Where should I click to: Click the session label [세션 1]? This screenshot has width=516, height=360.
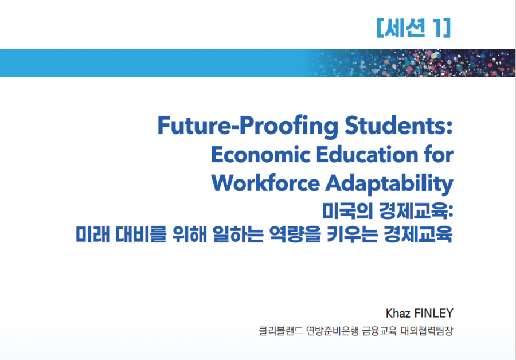pyautogui.click(x=413, y=28)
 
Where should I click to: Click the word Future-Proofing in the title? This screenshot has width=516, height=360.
pyautogui.click(x=248, y=126)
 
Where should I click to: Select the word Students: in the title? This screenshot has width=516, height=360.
pyautogui.click(x=398, y=126)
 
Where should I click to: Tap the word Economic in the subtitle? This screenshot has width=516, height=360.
pyautogui.click(x=260, y=155)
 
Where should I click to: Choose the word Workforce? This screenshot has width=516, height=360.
pyautogui.click(x=265, y=183)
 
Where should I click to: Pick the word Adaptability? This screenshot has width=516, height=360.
pyautogui.click(x=389, y=184)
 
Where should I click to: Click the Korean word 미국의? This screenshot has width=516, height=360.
pyautogui.click(x=347, y=210)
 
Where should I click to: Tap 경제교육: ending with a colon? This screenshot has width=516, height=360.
pyautogui.click(x=416, y=210)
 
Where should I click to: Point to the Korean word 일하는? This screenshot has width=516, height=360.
pyautogui.click(x=238, y=234)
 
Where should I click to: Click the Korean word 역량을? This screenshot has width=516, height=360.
pyautogui.click(x=295, y=234)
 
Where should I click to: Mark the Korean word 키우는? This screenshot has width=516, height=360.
pyautogui.click(x=352, y=234)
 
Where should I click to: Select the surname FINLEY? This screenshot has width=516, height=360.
pyautogui.click(x=434, y=313)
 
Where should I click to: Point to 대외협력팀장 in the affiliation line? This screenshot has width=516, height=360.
pyautogui.click(x=427, y=331)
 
